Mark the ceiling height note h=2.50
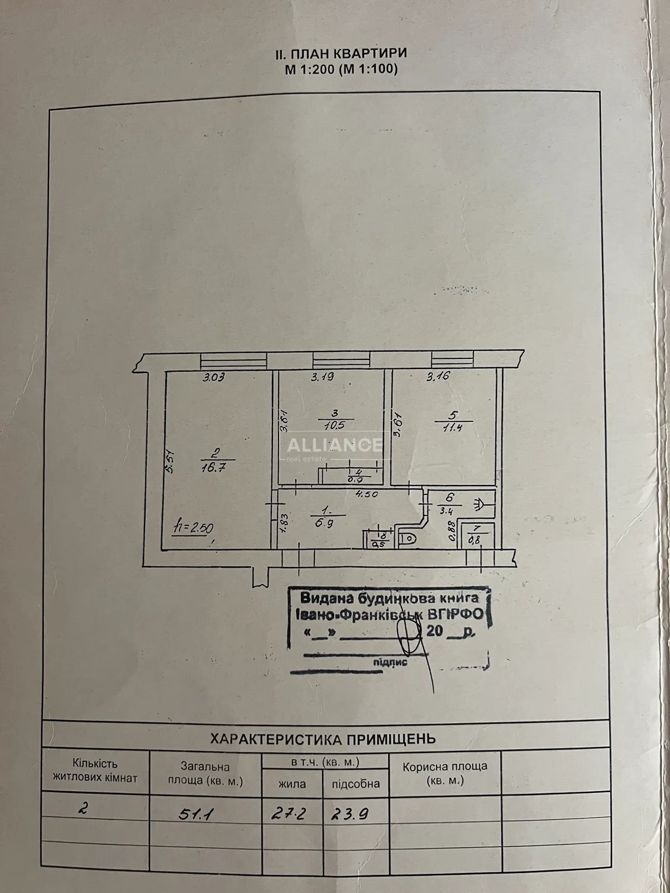coord(193,527)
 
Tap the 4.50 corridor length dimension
coord(368,493)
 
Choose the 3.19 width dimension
coord(323,377)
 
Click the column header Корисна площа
coord(445,767)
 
